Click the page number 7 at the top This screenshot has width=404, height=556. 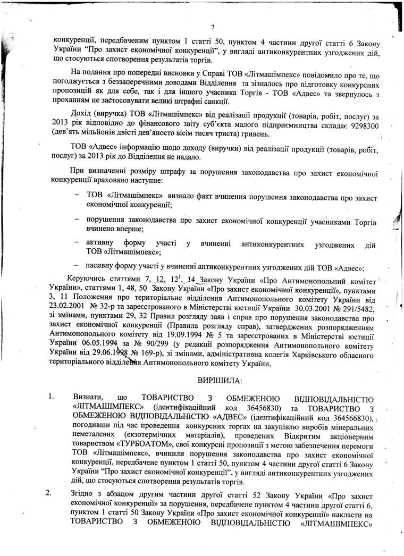coord(212,27)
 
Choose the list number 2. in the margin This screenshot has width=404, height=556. coord(50,493)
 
